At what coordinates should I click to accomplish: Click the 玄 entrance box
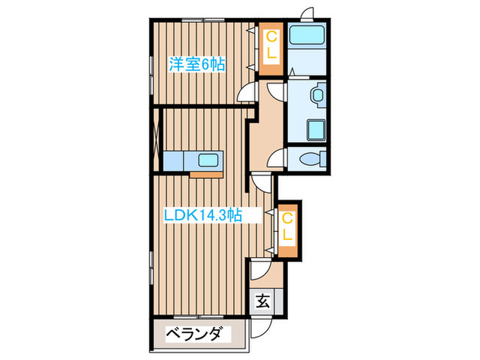[263, 300]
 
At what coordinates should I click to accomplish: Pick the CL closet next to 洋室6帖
[272, 49]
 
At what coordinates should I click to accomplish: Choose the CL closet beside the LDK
[288, 229]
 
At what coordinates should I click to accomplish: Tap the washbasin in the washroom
[318, 96]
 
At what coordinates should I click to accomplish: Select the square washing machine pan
[315, 129]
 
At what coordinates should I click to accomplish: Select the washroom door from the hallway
[276, 93]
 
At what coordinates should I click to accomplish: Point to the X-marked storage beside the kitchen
[156, 139]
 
